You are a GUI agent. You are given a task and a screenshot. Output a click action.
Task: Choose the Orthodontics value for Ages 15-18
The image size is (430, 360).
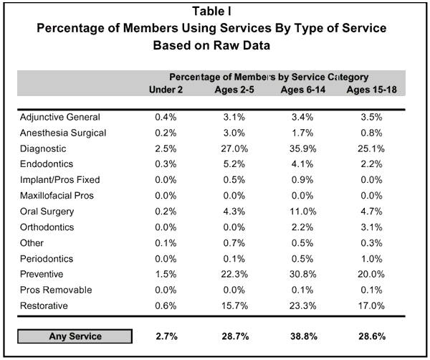coord(372,227)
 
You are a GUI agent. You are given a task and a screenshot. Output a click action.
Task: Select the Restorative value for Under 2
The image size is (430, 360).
coord(166,306)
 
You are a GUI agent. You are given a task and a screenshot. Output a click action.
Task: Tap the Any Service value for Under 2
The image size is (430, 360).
coord(166,336)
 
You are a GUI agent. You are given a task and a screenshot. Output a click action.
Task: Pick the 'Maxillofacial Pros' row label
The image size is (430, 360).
coord(57,196)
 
